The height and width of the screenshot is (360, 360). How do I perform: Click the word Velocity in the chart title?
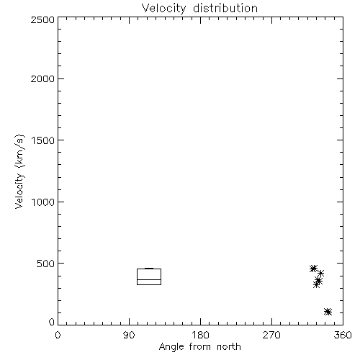163,8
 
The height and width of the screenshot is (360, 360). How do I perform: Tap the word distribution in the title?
225,8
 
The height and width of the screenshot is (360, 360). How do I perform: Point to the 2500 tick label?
42,19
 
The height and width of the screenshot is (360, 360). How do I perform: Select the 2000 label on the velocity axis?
42,78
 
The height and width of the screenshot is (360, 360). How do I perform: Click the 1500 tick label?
43,140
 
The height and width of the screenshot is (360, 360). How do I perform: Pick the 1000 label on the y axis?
43,202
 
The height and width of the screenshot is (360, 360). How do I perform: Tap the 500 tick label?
46,264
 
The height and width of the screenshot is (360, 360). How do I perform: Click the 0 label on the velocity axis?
52,322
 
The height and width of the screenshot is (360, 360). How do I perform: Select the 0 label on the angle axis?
58,335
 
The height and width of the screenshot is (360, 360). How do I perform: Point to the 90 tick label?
129,335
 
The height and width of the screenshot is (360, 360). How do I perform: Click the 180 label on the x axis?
200,335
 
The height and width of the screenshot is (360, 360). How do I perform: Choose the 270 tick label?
271,335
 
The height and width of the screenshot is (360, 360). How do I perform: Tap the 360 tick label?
343,335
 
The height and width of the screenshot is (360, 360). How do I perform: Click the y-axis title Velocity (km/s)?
19,171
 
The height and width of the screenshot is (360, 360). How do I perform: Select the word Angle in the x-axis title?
171,347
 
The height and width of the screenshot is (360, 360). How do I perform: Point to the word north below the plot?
229,347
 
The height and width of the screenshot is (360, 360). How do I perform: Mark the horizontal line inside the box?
149,279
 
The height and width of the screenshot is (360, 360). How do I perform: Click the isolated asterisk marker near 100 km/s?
328,312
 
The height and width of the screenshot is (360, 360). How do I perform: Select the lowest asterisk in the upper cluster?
317,285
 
